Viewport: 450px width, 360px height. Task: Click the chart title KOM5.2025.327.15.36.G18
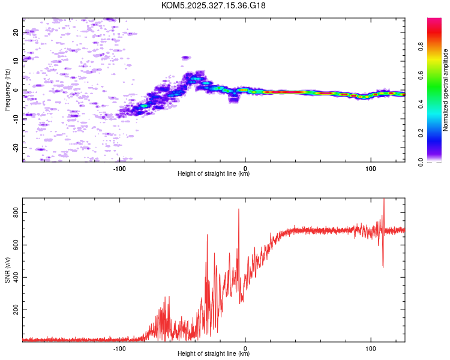[214, 5]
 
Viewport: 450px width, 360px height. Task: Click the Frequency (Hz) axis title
[7, 90]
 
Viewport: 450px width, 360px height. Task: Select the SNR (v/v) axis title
[7, 270]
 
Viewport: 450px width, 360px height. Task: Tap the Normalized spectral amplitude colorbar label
[445, 90]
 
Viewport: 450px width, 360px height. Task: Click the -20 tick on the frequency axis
[16, 147]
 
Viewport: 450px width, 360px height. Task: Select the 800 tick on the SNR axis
[16, 213]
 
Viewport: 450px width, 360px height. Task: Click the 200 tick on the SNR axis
[16, 310]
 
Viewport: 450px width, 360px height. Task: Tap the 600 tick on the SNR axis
[16, 245]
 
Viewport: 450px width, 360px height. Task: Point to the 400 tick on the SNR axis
[16, 277]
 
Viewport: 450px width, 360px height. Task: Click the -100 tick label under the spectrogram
[119, 168]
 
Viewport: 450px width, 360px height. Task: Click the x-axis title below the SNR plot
[214, 354]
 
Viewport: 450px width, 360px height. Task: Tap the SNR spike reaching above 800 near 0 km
[239, 210]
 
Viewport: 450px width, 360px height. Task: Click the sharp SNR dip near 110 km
[383, 266]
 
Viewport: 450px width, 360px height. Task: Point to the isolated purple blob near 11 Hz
[186, 58]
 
